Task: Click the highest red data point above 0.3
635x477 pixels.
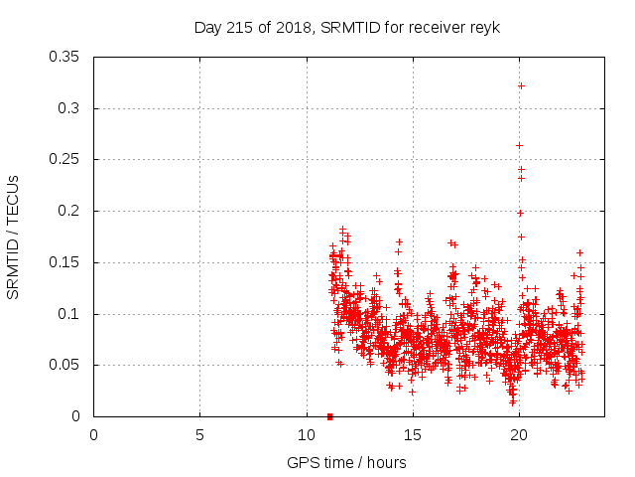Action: click(x=521, y=85)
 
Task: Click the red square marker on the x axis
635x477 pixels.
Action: click(x=329, y=416)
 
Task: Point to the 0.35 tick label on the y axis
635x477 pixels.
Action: click(x=64, y=57)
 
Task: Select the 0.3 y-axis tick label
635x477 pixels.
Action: click(x=68, y=108)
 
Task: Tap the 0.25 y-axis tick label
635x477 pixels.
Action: click(x=64, y=159)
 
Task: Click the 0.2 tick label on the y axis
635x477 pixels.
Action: click(x=68, y=211)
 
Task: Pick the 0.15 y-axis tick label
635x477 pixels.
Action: click(x=64, y=262)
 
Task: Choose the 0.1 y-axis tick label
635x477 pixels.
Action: click(x=68, y=314)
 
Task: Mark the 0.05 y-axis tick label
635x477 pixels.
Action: click(x=64, y=365)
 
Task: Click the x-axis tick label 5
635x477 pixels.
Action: click(x=199, y=434)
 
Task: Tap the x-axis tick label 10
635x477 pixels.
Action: click(x=307, y=434)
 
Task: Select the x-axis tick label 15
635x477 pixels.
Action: click(x=413, y=434)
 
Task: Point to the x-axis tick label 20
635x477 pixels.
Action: click(x=519, y=434)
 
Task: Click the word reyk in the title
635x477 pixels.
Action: click(x=484, y=27)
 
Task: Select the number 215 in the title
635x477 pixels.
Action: click(x=236, y=27)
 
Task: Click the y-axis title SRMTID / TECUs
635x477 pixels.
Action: click(x=14, y=237)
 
